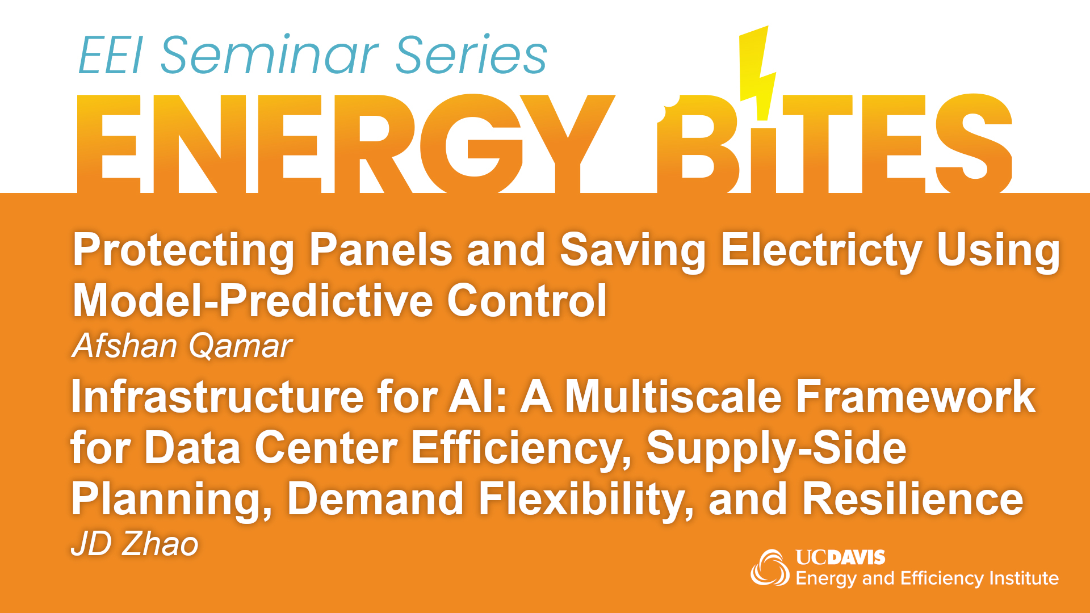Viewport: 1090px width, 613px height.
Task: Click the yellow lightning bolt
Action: [757, 74]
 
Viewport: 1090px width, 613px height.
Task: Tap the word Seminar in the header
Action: [270, 55]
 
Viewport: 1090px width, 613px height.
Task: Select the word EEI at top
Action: [110, 55]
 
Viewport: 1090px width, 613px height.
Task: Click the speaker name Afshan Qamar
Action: [182, 345]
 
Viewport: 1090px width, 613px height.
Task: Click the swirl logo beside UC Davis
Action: [770, 567]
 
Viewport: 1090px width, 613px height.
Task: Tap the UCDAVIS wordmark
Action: [840, 557]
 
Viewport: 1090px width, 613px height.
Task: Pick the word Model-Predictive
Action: [255, 300]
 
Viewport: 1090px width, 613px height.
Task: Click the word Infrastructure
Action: [217, 396]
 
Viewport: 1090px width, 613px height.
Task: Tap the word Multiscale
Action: [673, 396]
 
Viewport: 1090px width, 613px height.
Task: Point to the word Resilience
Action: [912, 498]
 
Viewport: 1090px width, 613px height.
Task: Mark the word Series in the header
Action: [471, 55]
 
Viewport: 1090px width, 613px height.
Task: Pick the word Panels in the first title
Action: [381, 250]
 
